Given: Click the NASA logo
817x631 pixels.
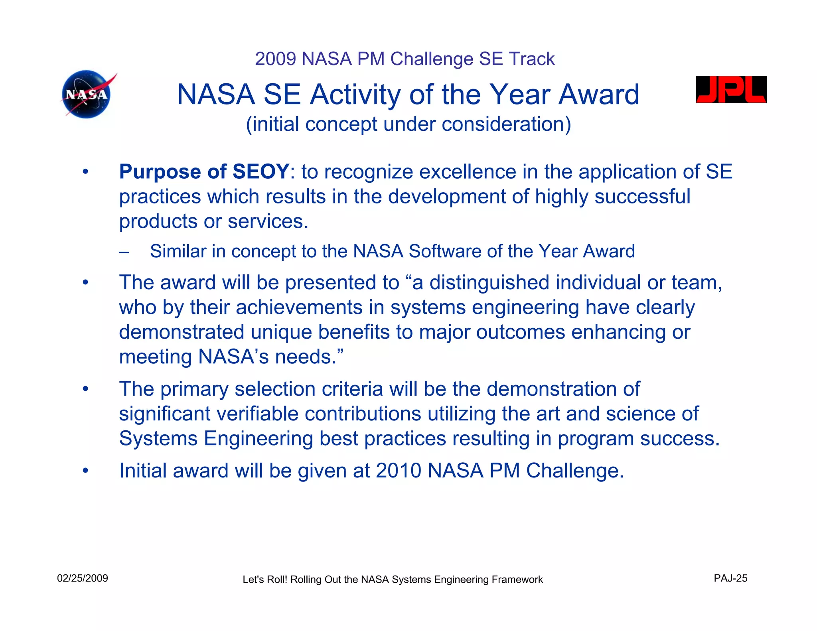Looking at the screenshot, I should (x=87, y=95).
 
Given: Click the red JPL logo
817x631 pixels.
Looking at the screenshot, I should (x=731, y=90).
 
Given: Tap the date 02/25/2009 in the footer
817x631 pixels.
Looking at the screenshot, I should (x=83, y=578).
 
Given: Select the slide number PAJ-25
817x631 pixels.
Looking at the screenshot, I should (x=730, y=578).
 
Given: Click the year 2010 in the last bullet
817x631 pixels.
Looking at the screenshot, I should (x=398, y=471).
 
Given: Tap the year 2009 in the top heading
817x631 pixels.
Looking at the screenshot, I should (x=275, y=59).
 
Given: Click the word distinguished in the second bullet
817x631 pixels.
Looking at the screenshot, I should (x=489, y=283).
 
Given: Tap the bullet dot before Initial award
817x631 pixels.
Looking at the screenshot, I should (x=85, y=471).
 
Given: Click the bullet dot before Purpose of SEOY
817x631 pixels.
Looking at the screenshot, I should (x=85, y=172).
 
